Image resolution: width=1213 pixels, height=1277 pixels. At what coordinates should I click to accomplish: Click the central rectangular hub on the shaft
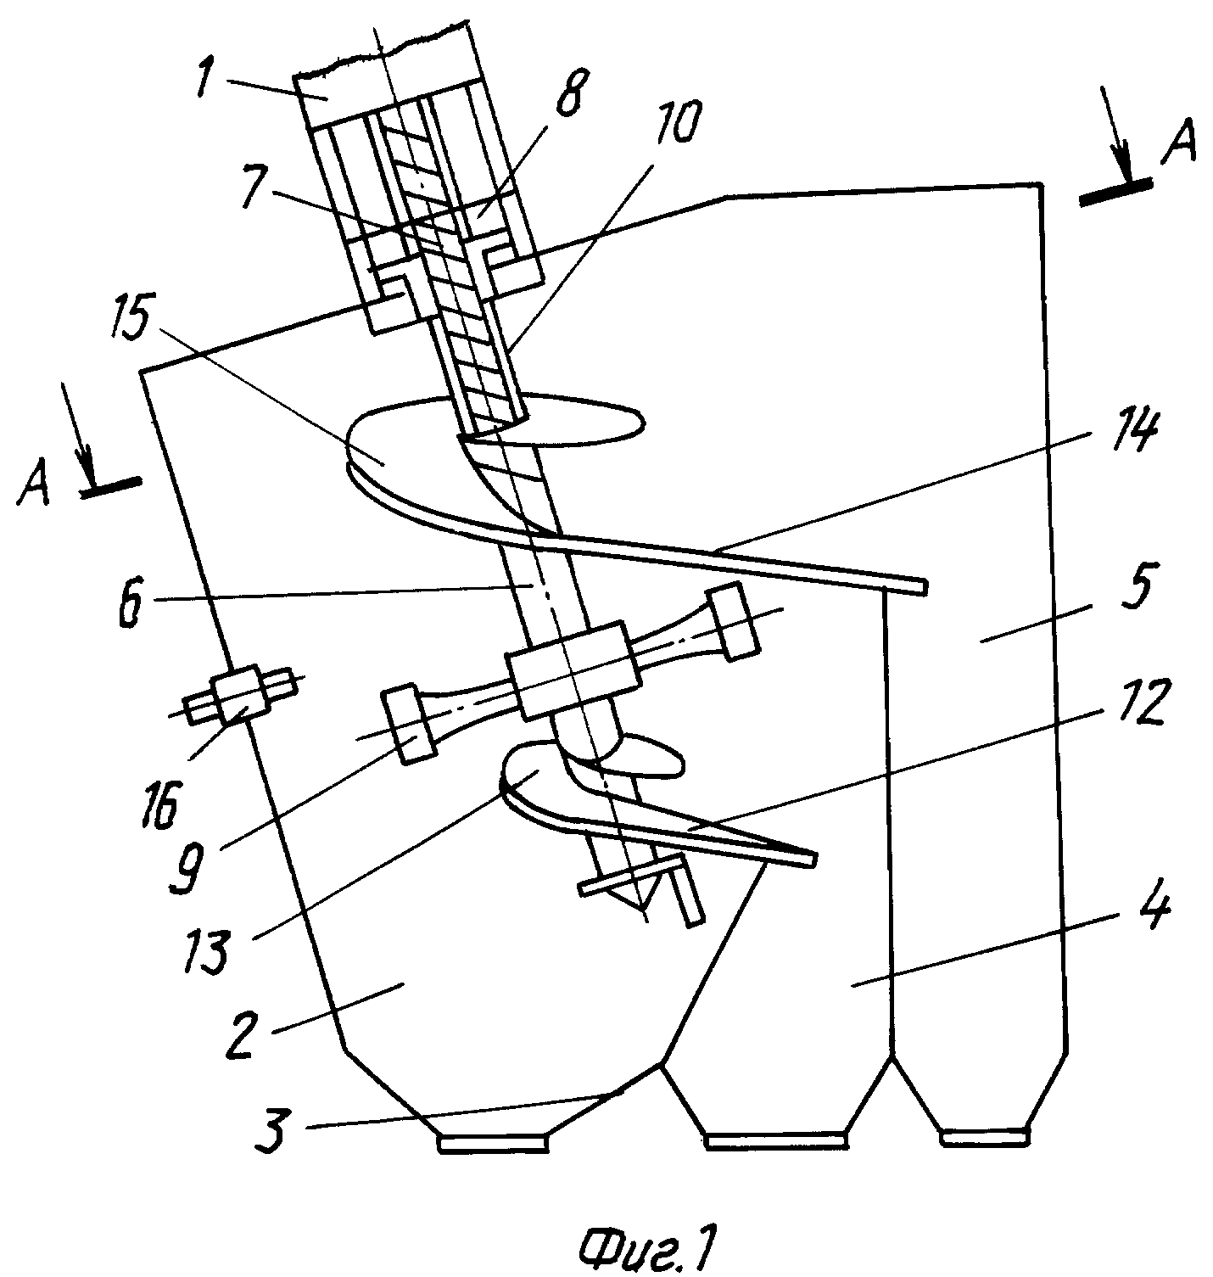coord(573,670)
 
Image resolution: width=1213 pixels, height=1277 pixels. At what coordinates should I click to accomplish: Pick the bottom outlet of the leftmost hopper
coord(493,1143)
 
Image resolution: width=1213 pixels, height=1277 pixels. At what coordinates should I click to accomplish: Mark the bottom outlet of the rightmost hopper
coord(983,1134)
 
